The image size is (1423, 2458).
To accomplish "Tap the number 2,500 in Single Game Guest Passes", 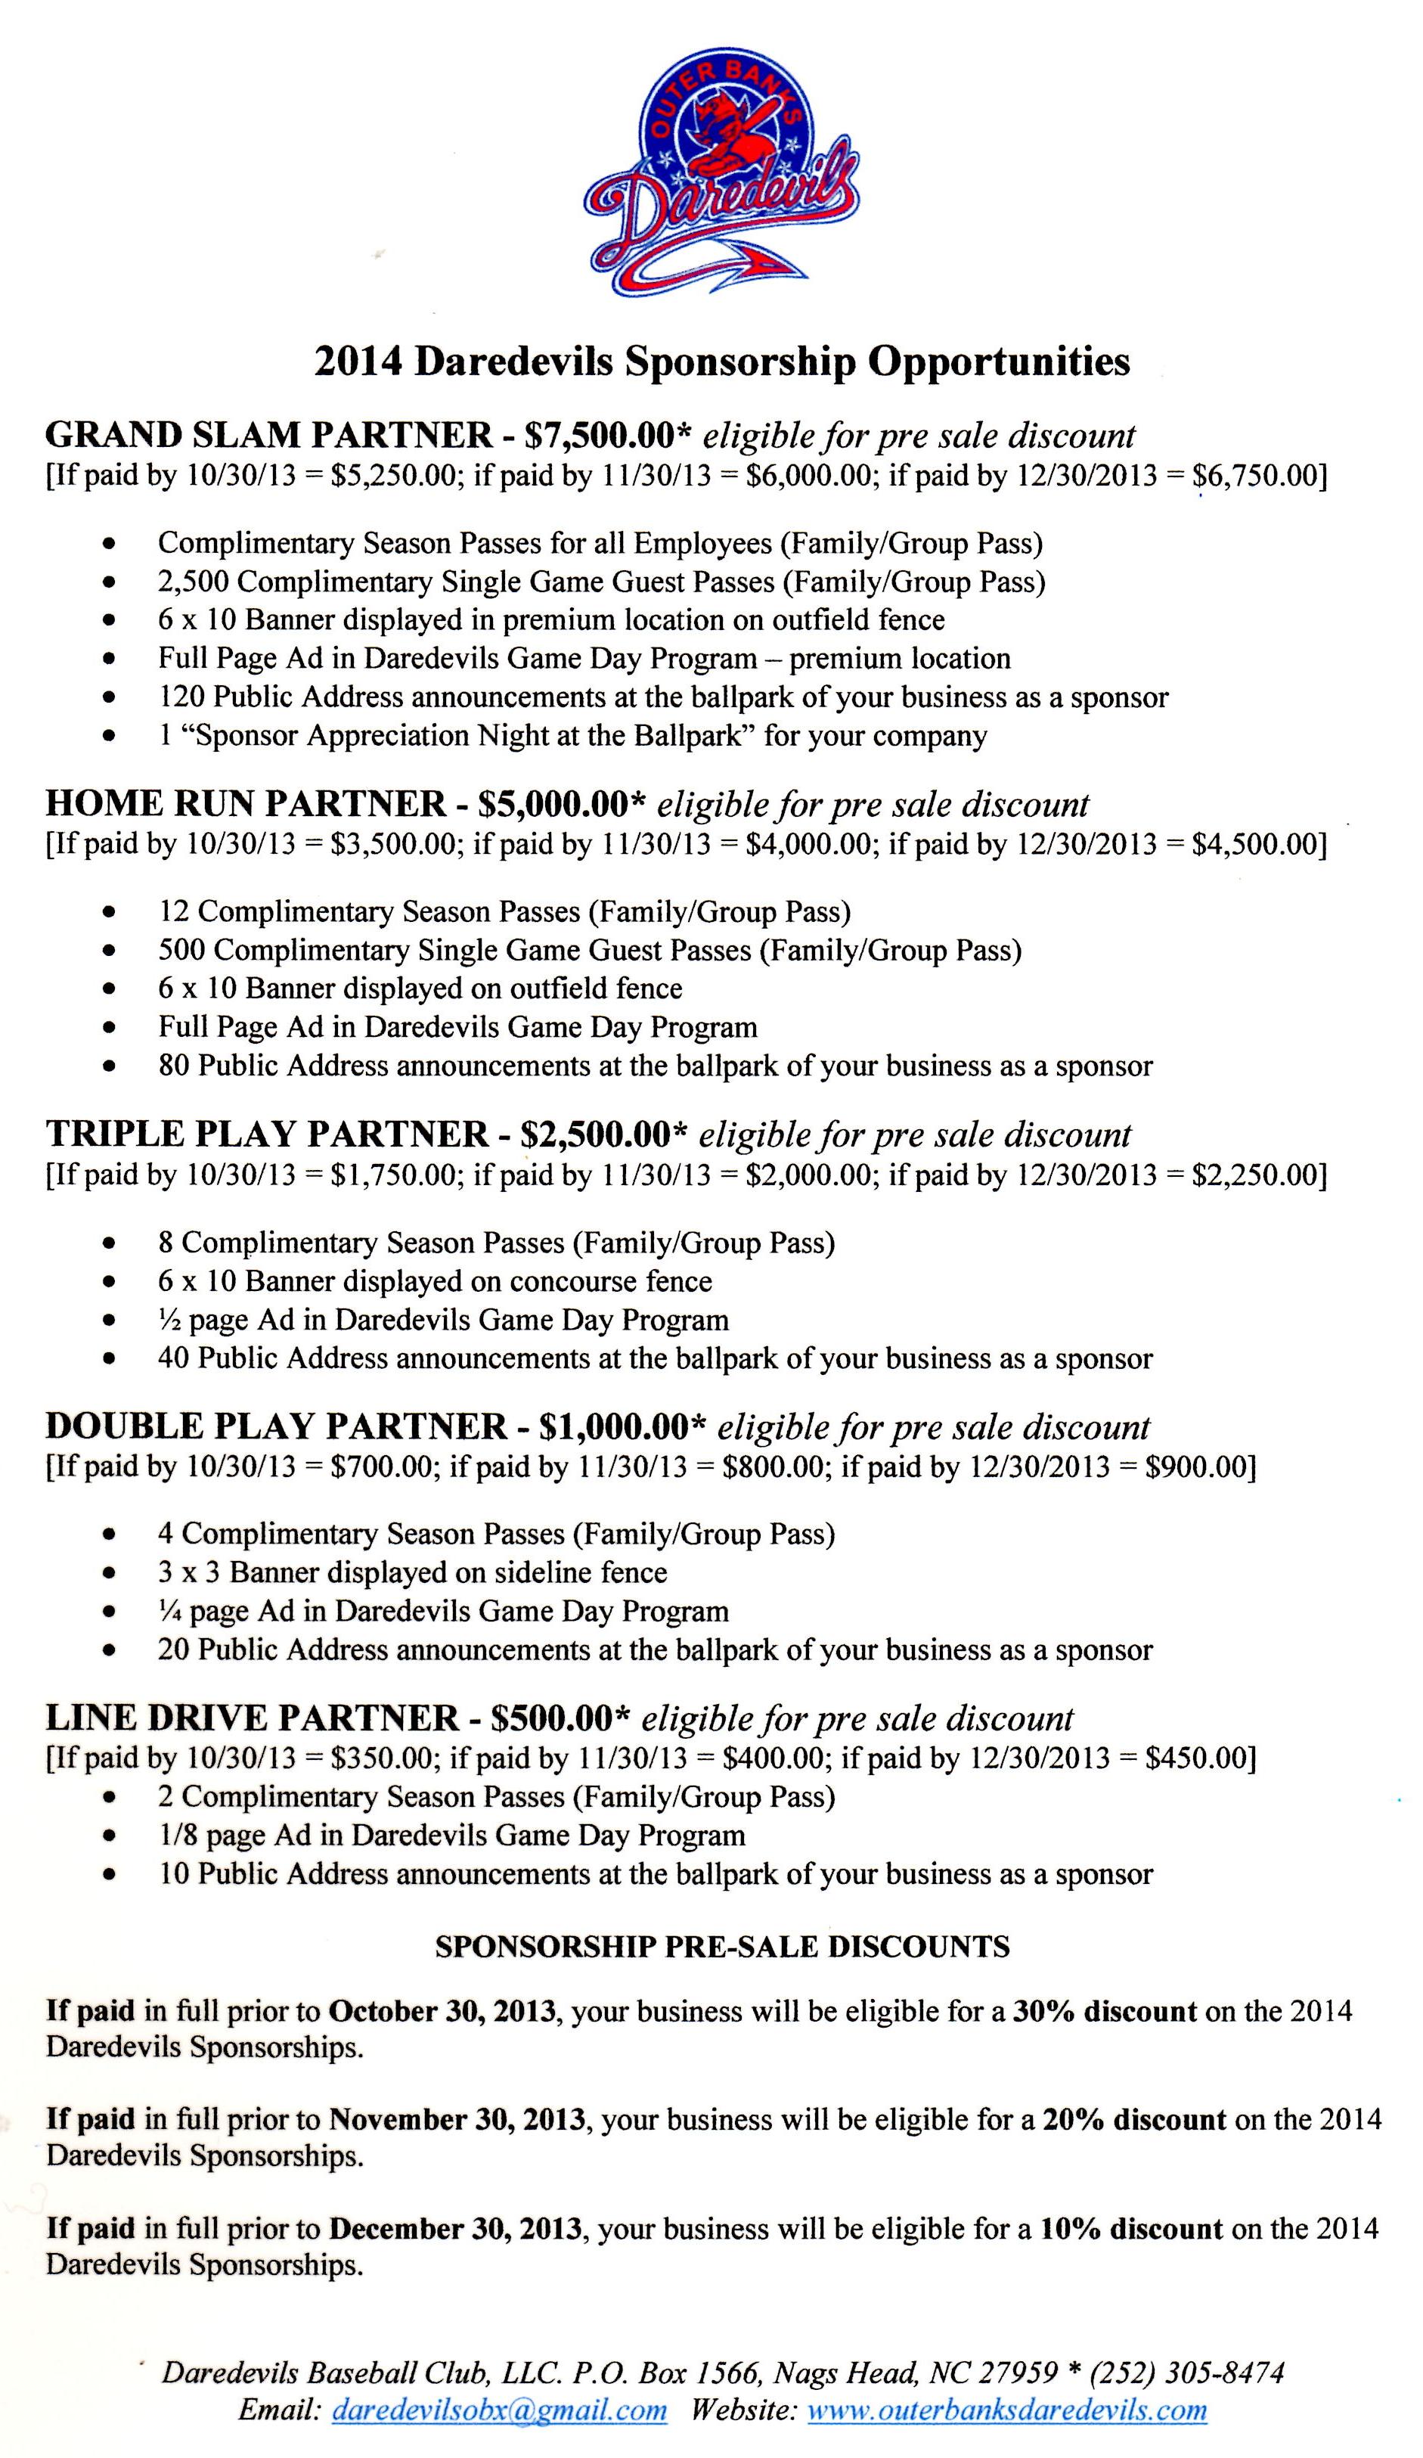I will point(193,582).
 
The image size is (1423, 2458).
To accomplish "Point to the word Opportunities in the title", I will point(999,362).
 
